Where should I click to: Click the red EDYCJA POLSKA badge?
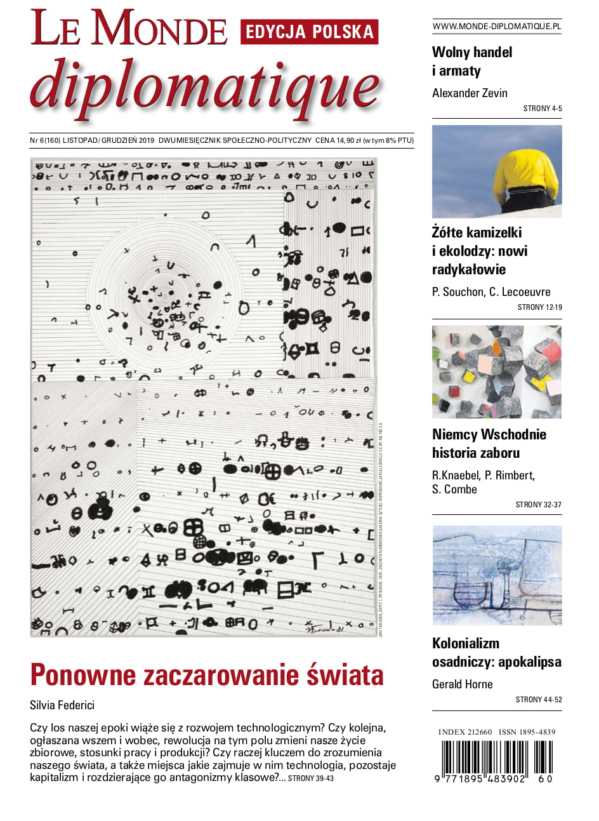[309, 32]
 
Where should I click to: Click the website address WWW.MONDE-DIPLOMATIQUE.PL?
[497, 27]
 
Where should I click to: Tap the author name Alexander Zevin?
[470, 93]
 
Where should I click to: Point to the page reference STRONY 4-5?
[543, 109]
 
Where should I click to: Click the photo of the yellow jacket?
[497, 171]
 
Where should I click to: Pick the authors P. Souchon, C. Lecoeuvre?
[491, 292]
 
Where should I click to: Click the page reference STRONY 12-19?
[540, 307]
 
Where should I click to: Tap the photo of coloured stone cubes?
[497, 371]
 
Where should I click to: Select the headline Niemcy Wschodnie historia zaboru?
[489, 444]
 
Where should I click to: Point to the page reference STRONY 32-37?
[539, 505]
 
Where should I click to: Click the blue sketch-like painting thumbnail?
[497, 575]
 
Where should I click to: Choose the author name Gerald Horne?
[463, 684]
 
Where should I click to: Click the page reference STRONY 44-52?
[539, 700]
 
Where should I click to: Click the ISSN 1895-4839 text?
[527, 732]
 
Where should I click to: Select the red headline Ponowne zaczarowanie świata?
[207, 675]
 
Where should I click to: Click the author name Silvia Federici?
[62, 705]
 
